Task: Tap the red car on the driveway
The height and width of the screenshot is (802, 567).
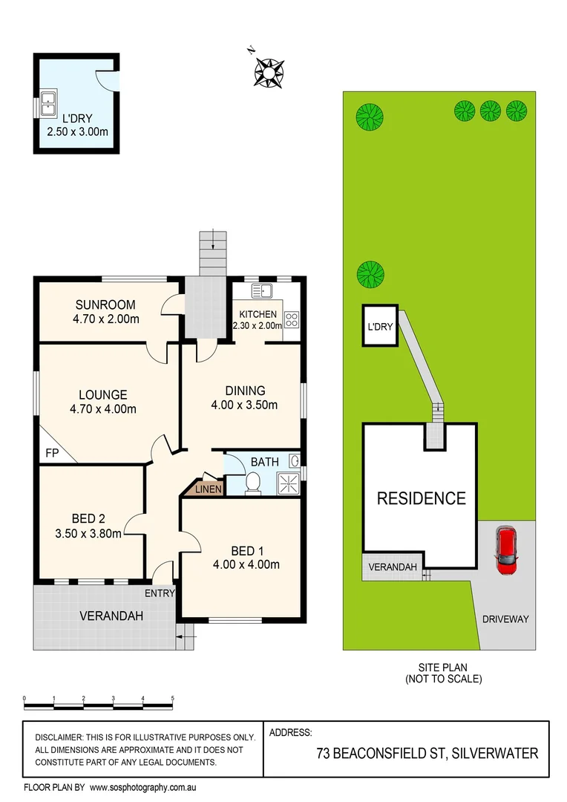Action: click(506, 549)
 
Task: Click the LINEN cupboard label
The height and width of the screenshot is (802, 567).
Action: click(207, 488)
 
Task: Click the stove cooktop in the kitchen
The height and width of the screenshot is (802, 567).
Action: click(292, 321)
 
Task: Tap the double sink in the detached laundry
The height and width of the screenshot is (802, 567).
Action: click(48, 105)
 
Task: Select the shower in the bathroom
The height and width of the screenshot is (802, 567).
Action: click(289, 483)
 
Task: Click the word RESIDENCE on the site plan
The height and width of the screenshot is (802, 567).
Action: click(421, 498)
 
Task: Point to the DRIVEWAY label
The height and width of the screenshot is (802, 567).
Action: click(505, 619)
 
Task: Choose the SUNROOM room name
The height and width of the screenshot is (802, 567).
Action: click(105, 304)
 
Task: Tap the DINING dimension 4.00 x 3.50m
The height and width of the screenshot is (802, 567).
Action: click(245, 405)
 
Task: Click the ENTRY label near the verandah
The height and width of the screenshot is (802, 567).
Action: click(160, 593)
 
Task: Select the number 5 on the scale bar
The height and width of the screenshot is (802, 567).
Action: click(172, 698)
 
